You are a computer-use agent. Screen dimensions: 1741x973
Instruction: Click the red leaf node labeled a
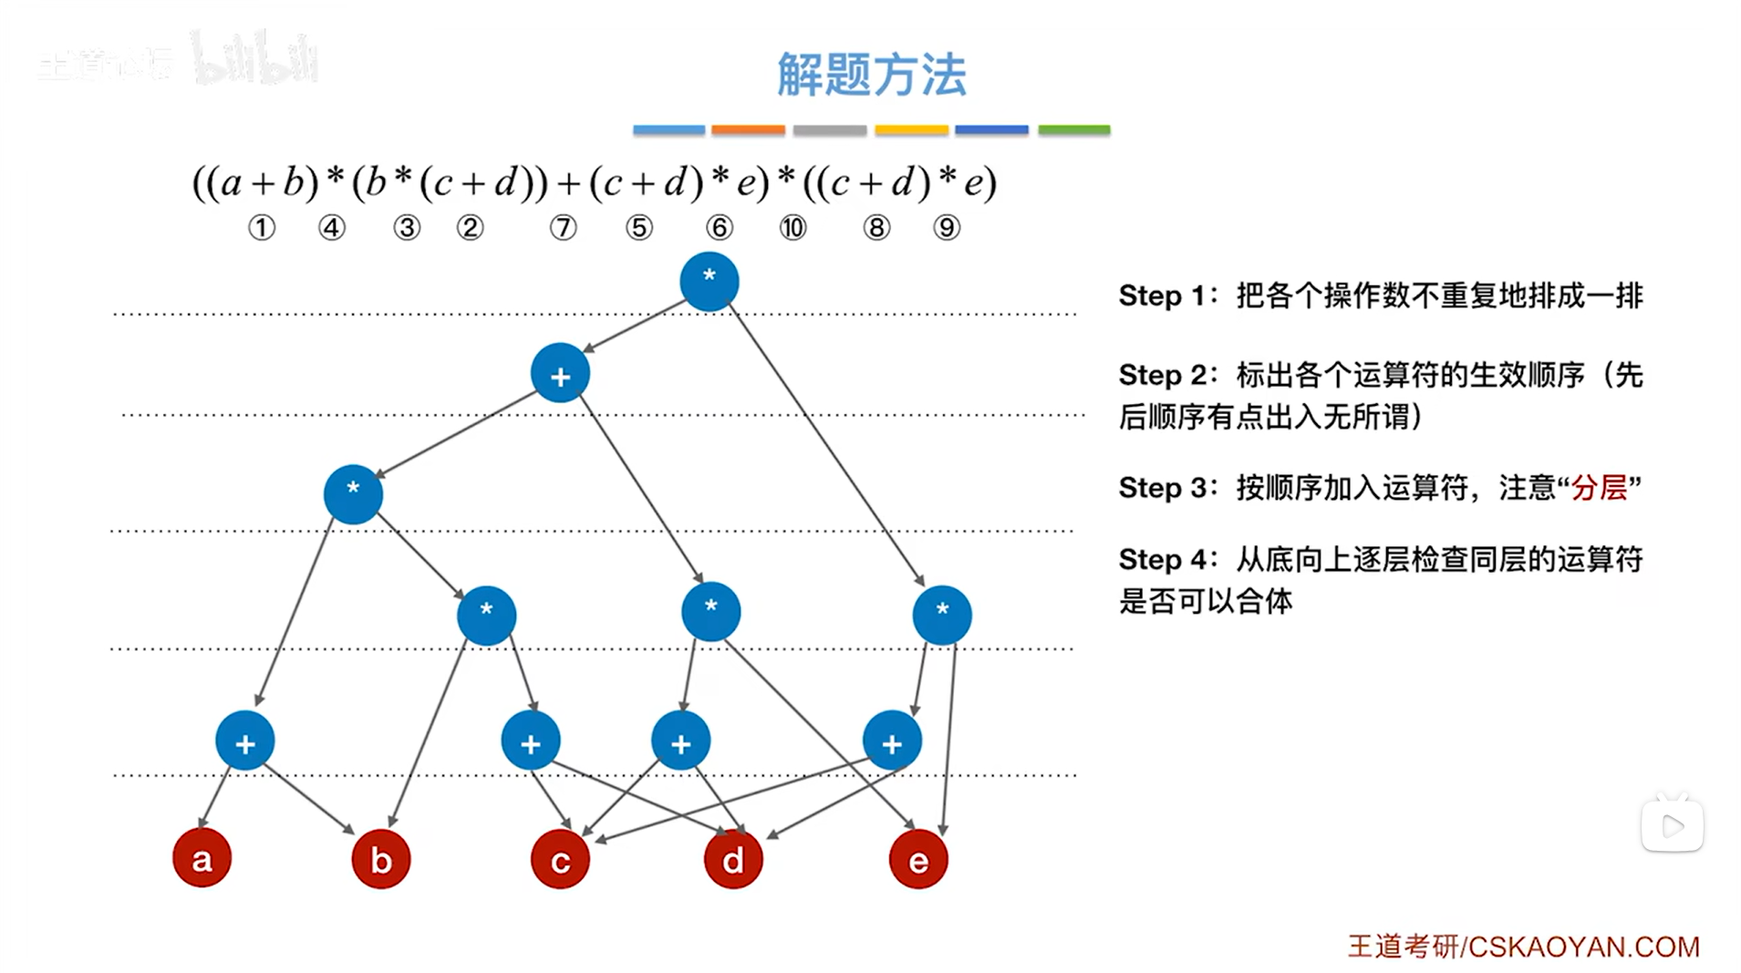point(202,858)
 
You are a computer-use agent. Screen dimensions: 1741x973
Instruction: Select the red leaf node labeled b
point(381,859)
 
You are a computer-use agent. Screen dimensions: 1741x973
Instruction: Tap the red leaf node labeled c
point(560,859)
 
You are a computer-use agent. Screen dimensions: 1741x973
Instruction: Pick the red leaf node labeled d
point(733,859)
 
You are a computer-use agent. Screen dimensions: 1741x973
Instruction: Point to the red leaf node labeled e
point(918,859)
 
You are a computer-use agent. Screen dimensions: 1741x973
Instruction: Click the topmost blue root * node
point(710,281)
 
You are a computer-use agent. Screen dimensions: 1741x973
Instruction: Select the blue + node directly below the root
point(560,374)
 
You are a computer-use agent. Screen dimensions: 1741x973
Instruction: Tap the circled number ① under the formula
point(262,227)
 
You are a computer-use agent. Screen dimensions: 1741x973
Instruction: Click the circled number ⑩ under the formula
point(793,227)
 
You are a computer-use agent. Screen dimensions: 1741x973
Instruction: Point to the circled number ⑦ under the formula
point(563,227)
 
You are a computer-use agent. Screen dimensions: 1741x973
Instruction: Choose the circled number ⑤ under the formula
point(639,227)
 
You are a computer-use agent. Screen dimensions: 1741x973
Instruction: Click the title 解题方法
point(871,74)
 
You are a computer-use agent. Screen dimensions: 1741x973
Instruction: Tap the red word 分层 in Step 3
point(1599,488)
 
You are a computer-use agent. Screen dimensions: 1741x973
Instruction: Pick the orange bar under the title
point(748,130)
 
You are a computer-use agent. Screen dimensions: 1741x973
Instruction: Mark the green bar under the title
point(1073,130)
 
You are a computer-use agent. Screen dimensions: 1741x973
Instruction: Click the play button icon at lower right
point(1673,826)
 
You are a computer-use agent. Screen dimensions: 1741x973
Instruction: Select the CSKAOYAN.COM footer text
point(1583,947)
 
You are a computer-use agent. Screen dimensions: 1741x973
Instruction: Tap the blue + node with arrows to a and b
point(245,741)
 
